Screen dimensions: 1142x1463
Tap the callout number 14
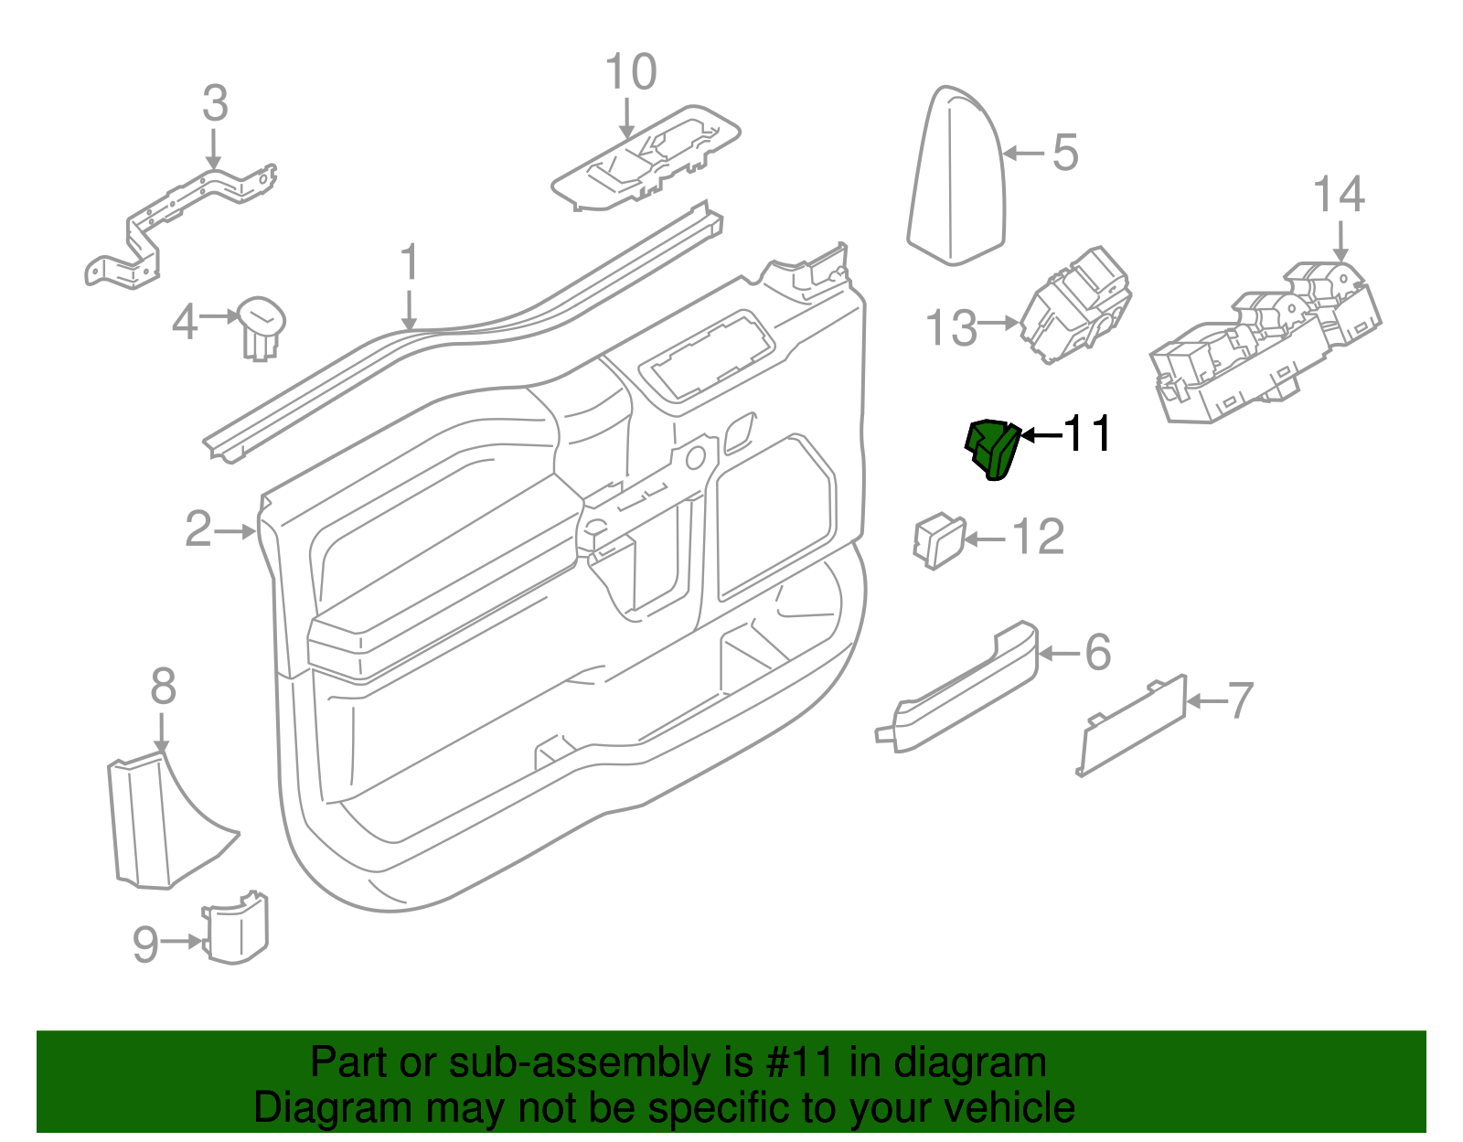point(1339,195)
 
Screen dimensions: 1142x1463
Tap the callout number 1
point(410,263)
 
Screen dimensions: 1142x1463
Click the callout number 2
point(198,529)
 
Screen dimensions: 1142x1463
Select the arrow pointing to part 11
point(1040,435)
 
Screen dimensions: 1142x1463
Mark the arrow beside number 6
point(1060,653)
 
